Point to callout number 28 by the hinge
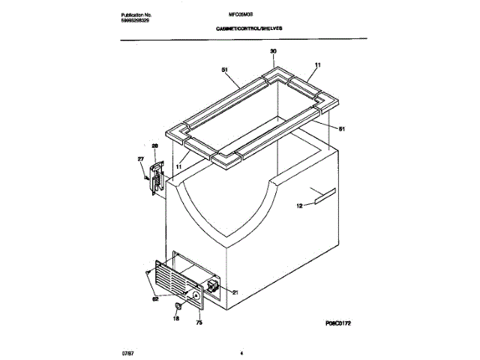point(155,147)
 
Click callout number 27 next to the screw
point(139,159)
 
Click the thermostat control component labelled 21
point(213,287)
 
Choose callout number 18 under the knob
point(177,319)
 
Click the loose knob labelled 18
point(178,307)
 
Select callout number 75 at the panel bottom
point(199,324)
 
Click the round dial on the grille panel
point(195,298)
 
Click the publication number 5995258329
point(136,21)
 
